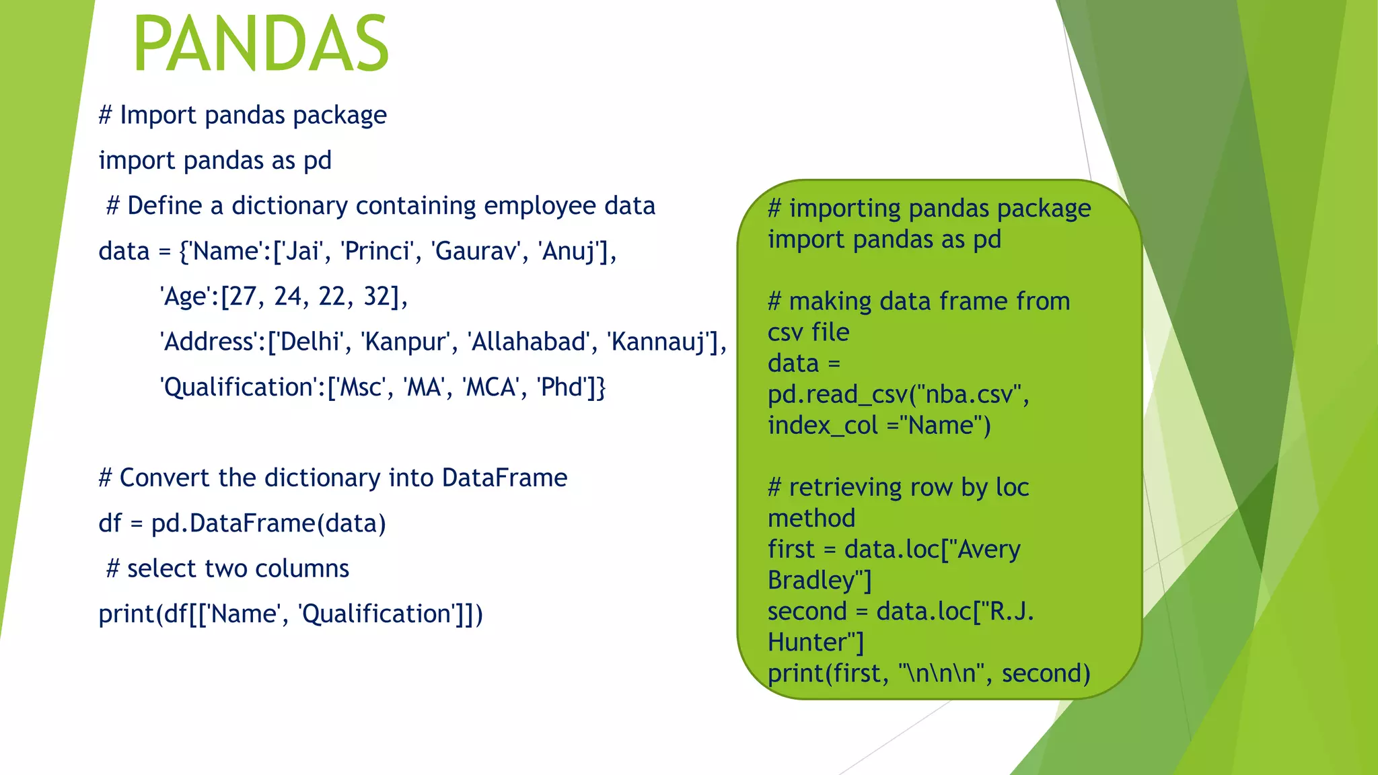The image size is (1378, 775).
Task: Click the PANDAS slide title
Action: [x=261, y=44]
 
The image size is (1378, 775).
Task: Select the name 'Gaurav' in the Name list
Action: [x=477, y=252]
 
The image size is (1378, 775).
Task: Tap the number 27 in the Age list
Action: [x=244, y=297]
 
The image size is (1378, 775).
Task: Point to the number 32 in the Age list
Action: [x=377, y=297]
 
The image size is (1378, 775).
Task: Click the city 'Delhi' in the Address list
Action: [x=310, y=342]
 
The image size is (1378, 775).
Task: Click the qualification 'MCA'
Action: [x=491, y=387]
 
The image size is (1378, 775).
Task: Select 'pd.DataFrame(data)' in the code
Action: [x=268, y=523]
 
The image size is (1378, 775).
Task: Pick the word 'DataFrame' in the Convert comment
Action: [x=505, y=478]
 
